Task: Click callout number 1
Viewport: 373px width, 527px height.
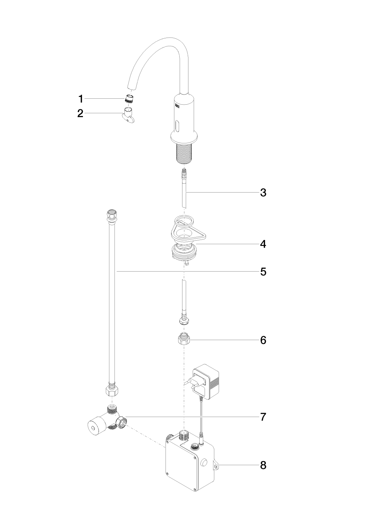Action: (x=81, y=99)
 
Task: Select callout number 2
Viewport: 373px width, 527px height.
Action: (x=80, y=113)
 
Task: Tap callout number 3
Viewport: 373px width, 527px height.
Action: (x=263, y=193)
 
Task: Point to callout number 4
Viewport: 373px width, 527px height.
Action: (x=263, y=244)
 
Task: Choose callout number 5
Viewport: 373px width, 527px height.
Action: (x=263, y=272)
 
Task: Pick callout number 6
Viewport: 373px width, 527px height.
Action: (x=263, y=340)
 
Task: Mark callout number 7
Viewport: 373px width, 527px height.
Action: (x=263, y=417)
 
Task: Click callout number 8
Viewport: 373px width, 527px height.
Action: (x=263, y=465)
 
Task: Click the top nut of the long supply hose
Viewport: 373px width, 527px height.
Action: (x=111, y=215)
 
